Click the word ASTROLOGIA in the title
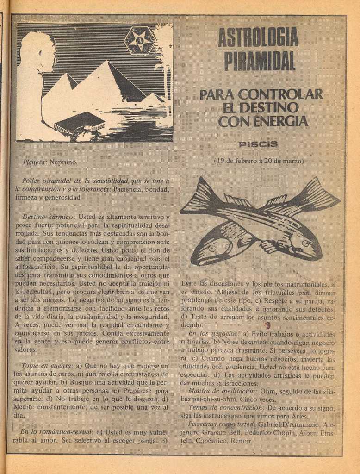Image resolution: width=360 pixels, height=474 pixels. [x=258, y=37]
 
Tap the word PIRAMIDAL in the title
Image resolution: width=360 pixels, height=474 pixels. [x=260, y=61]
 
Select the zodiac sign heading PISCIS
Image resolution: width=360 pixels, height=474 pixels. [x=258, y=144]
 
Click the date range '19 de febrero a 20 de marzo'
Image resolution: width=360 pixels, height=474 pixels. [x=259, y=161]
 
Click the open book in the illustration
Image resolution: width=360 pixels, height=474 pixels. [x=80, y=123]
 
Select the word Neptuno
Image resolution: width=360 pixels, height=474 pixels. [x=63, y=162]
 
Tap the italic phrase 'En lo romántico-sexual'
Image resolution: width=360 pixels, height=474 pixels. [x=56, y=432]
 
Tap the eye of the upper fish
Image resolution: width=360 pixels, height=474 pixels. [x=305, y=243]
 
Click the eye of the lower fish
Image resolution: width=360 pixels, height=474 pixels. [x=212, y=248]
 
